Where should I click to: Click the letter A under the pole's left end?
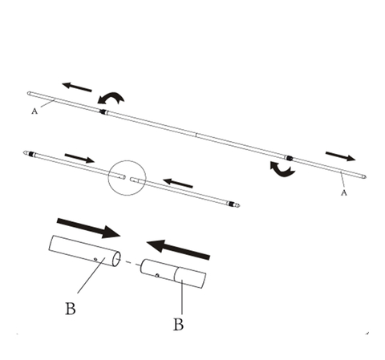[34, 111]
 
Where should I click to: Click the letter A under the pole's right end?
[344, 192]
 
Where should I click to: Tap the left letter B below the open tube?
[71, 308]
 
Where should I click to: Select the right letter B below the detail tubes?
[179, 324]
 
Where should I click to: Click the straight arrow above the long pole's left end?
[77, 87]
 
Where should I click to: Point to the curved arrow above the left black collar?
[111, 98]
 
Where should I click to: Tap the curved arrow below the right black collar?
[282, 169]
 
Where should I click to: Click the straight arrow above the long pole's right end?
[340, 156]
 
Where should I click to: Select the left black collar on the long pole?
[103, 111]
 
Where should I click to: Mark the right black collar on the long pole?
[289, 157]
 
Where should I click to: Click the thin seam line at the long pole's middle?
[197, 135]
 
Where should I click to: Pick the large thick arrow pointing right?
[88, 228]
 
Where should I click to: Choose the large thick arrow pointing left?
[178, 249]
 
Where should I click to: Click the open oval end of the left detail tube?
[116, 259]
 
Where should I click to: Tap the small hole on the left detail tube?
[95, 259]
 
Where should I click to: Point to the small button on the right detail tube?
[157, 275]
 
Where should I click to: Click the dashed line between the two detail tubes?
[131, 263]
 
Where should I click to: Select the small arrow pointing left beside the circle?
[178, 184]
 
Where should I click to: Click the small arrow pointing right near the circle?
[79, 158]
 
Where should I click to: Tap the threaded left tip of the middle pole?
[28, 153]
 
